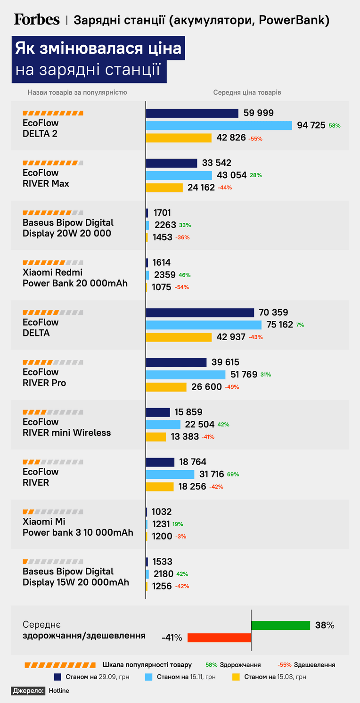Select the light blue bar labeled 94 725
(x=219, y=125)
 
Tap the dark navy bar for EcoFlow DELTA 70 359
(x=200, y=312)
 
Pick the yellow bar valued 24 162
(x=164, y=188)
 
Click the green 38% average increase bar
(x=281, y=625)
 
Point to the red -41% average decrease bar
(x=220, y=638)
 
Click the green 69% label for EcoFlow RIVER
(x=233, y=474)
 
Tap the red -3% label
(x=180, y=537)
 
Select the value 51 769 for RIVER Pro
(x=244, y=375)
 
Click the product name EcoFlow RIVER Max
(x=46, y=178)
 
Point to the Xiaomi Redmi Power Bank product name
(x=75, y=278)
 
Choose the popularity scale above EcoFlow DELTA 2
(x=53, y=113)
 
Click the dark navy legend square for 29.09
(x=57, y=677)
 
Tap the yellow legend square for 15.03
(x=236, y=677)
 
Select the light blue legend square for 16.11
(x=148, y=677)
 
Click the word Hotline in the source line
(x=59, y=691)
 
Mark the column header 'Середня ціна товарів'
(x=247, y=92)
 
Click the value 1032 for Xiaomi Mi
(x=161, y=512)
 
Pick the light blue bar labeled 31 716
(x=170, y=474)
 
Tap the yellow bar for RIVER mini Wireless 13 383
(x=156, y=437)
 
